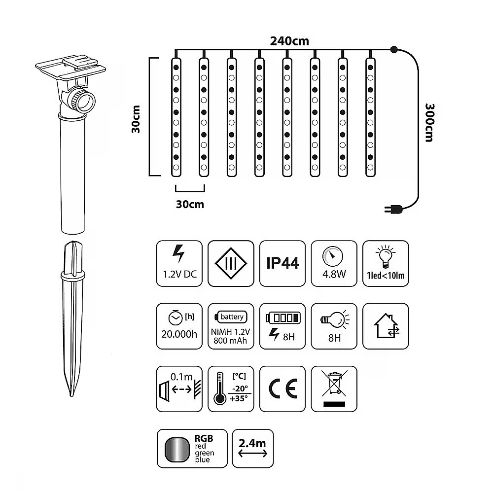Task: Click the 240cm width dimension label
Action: coord(289,41)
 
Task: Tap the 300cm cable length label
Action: coord(429,123)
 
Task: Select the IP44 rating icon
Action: coord(282,263)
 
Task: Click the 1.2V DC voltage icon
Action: coord(179,263)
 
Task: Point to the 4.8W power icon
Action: coord(334,263)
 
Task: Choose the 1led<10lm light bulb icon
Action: coord(386,263)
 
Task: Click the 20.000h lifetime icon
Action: coord(179,326)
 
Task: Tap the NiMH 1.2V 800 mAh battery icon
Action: coord(231,326)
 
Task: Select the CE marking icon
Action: coord(282,389)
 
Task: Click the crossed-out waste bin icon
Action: coord(334,389)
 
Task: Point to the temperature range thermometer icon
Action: coord(231,389)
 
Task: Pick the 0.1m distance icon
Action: coord(179,389)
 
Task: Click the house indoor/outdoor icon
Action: coord(386,326)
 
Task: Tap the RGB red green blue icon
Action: coord(192,448)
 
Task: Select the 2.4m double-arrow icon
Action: coord(253,448)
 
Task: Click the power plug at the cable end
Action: coord(393,209)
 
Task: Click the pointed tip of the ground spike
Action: coord(72,395)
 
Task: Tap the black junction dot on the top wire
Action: coord(393,49)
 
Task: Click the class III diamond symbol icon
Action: coord(231,263)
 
